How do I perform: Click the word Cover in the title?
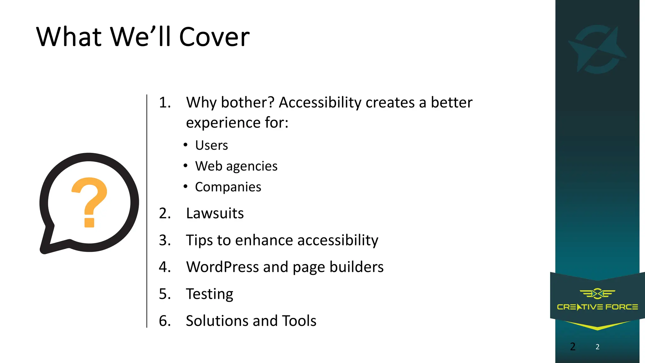pos(214,37)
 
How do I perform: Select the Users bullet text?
pos(211,145)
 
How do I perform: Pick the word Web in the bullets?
pos(208,166)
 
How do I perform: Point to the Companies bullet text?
pos(228,187)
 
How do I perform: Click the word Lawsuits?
pos(215,213)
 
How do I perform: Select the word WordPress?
pos(222,267)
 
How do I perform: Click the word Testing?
pos(209,294)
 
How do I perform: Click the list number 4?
pos(164,267)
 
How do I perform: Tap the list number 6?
pos(164,321)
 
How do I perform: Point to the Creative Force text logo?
pos(597,307)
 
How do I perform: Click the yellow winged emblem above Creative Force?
pos(597,294)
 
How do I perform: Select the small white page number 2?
pos(597,347)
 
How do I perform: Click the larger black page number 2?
pos(573,347)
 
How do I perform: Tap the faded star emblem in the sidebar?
pos(597,49)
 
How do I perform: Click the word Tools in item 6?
pos(299,321)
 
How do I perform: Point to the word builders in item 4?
pos(357,267)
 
